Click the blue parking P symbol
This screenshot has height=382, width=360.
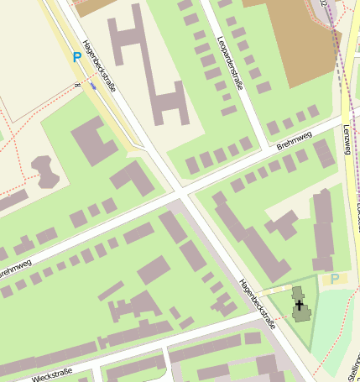pos(77,57)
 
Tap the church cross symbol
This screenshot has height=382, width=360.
pos(300,306)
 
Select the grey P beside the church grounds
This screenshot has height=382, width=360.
pos(335,279)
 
